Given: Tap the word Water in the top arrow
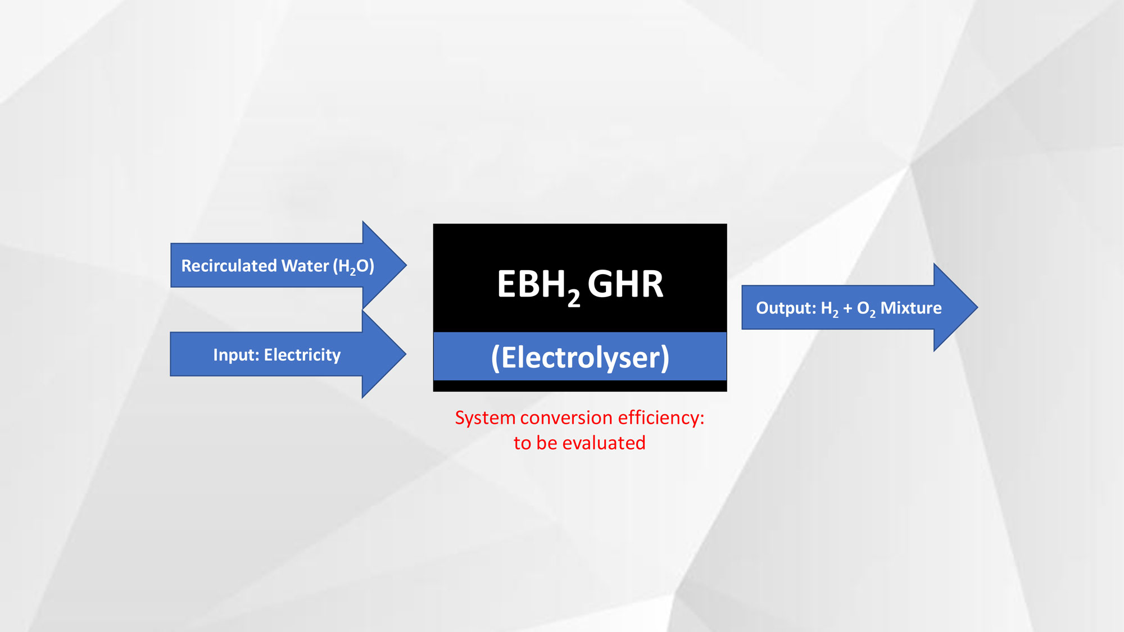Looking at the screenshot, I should tap(305, 266).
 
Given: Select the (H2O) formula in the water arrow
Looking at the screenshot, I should tap(353, 266).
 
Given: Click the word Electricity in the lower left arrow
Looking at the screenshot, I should tap(302, 355).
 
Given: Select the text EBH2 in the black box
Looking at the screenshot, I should tap(538, 285).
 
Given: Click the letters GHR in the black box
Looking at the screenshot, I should tap(625, 284).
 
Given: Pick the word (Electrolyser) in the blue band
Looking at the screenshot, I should tap(580, 357).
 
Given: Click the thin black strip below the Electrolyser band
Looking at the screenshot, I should tap(580, 386).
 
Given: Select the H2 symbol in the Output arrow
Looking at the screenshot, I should tap(830, 308).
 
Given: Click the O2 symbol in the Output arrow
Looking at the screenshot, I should tap(865, 308).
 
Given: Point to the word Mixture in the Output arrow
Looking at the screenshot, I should tap(910, 308).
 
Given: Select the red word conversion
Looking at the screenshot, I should tap(566, 418).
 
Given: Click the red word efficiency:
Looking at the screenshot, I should tap(661, 418).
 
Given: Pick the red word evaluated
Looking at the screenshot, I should tap(604, 443).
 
